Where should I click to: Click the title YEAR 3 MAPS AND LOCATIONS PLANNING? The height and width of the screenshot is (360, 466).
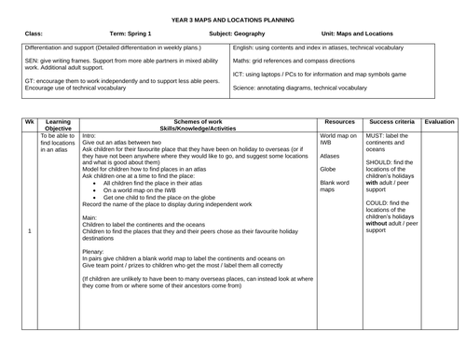[x=233, y=20]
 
